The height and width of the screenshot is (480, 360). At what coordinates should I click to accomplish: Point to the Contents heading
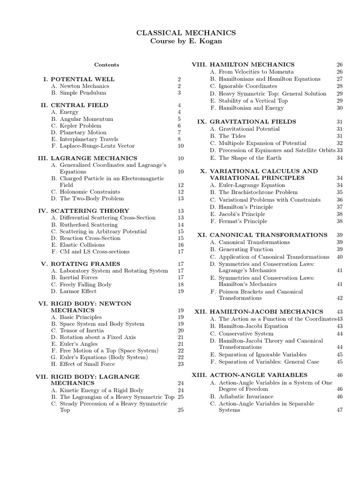pos(106,65)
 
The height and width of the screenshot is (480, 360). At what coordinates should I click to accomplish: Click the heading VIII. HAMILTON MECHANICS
pos(244,64)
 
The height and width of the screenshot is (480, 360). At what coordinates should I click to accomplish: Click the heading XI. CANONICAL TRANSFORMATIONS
pos(262,235)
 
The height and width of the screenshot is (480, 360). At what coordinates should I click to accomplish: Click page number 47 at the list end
pos(339,410)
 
